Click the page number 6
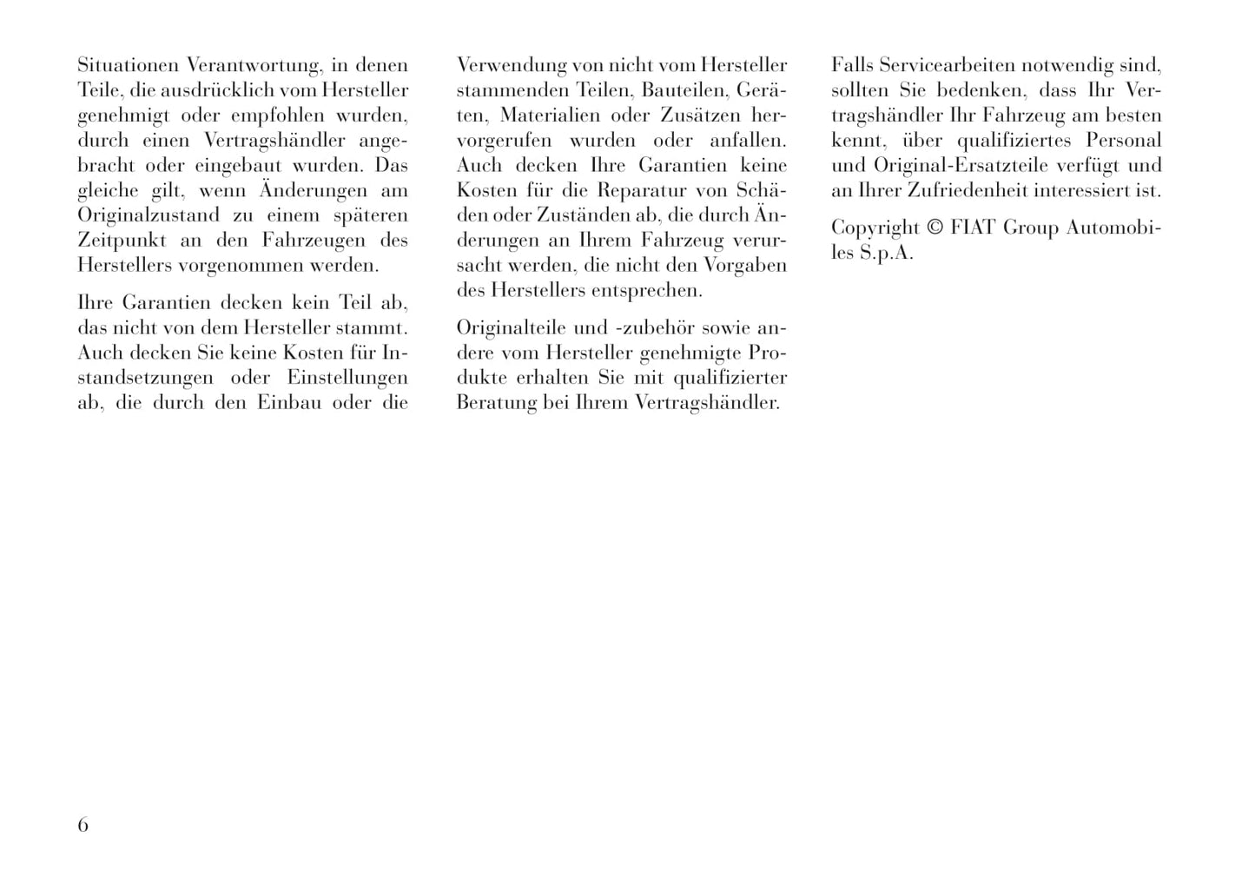[x=83, y=825]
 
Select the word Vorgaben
[x=749, y=266]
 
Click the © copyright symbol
[x=935, y=228]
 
